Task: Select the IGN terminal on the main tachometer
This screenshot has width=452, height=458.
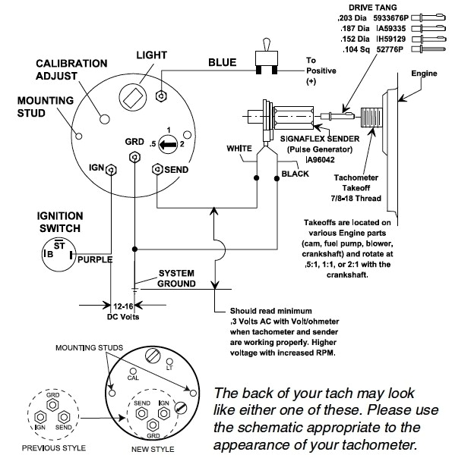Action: tap(112, 168)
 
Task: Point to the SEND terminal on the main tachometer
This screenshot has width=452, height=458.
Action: tap(157, 168)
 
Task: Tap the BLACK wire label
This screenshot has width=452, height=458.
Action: tap(296, 173)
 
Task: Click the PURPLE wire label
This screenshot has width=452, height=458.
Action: tap(95, 259)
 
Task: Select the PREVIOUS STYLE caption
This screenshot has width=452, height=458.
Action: tap(52, 448)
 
